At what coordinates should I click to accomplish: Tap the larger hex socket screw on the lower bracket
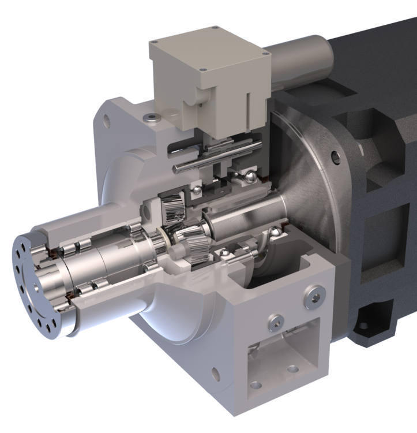314,297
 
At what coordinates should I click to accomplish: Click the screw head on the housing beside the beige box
151,118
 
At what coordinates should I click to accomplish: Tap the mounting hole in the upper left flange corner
106,121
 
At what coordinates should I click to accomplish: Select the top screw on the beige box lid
215,28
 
